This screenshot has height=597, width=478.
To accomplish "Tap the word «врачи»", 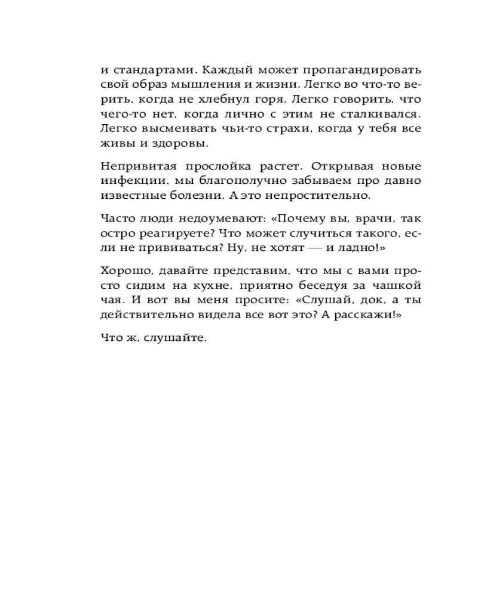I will pyautogui.click(x=373, y=218).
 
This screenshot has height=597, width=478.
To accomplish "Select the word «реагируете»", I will pyautogui.click(x=176, y=233).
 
